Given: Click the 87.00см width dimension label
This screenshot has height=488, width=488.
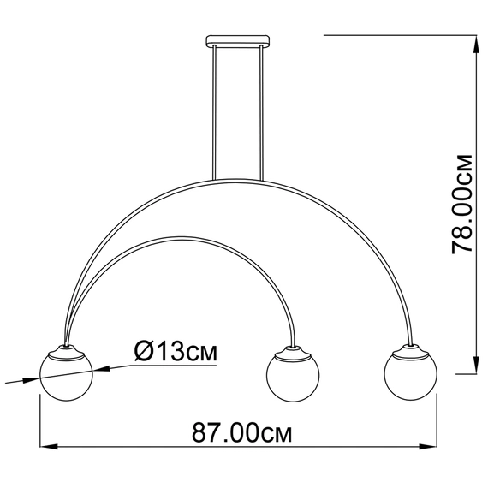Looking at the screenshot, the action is click(x=241, y=432).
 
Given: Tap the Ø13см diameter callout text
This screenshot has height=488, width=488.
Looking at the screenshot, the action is click(x=176, y=351).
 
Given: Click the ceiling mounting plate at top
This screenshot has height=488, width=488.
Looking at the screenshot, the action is click(x=238, y=41).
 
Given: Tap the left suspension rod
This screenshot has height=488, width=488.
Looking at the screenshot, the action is click(x=214, y=113).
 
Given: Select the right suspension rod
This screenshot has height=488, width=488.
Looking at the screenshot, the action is click(x=261, y=113).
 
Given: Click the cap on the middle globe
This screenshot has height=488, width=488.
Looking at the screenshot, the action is click(x=293, y=353).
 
